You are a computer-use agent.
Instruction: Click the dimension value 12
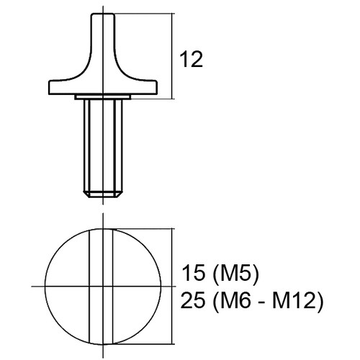click(191, 59)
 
